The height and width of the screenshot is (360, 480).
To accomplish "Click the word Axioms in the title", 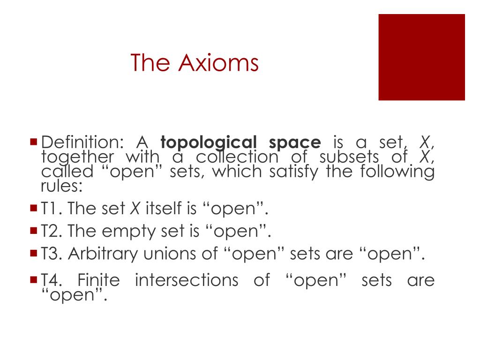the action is [x=218, y=63].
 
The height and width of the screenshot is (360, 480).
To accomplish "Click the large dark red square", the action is [x=421, y=57].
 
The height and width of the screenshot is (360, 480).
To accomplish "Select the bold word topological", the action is [x=209, y=143].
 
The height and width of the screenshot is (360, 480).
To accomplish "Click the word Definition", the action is [x=82, y=142].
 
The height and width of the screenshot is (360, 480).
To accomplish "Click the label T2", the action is [x=52, y=231].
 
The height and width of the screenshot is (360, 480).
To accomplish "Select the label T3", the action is [x=52, y=254].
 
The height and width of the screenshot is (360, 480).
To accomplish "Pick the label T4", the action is [x=52, y=280].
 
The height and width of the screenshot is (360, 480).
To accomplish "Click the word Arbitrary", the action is [x=103, y=255].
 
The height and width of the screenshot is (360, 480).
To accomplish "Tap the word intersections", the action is [x=187, y=280].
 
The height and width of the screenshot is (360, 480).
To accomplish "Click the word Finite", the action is [x=98, y=280].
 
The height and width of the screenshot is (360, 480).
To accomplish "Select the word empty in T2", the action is [x=129, y=232].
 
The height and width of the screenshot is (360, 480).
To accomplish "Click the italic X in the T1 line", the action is [x=135, y=208].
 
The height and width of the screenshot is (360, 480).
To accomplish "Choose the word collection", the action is [x=237, y=157].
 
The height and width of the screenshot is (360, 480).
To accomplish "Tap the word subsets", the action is [x=349, y=157].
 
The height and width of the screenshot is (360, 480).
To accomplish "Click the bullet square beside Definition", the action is [x=34, y=142].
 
